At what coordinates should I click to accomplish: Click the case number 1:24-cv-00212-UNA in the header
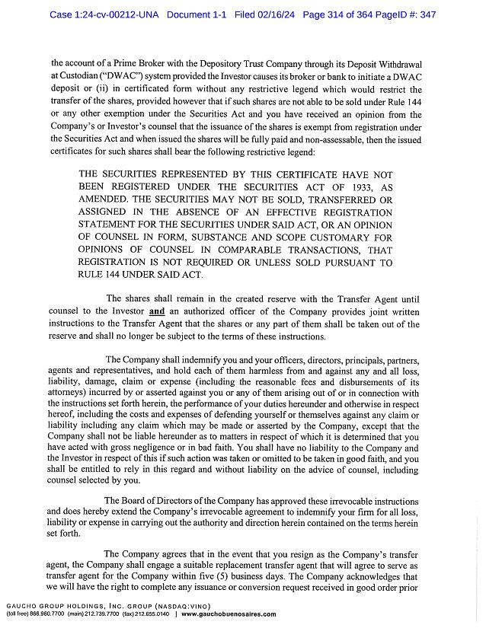[x=104, y=14]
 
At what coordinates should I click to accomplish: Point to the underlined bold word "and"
[x=156, y=311]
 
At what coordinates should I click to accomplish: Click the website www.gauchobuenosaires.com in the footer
[x=229, y=614]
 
